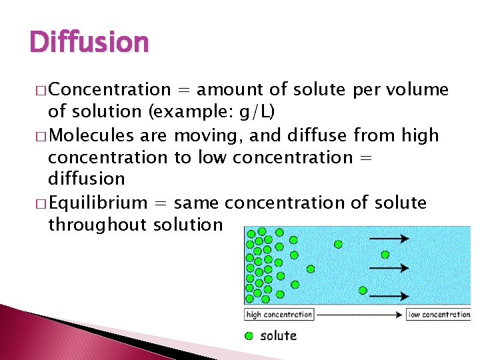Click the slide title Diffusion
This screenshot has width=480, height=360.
(x=89, y=42)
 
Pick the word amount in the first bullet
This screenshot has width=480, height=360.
(x=231, y=89)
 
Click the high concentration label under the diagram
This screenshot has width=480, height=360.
(x=279, y=315)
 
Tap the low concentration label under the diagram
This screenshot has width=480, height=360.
(x=439, y=315)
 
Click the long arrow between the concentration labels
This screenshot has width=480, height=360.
(x=360, y=315)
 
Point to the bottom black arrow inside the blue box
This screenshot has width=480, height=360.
(x=388, y=293)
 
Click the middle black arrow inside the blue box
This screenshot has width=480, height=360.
(x=388, y=268)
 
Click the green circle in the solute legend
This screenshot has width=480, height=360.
(x=249, y=335)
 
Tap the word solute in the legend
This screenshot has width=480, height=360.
(x=278, y=335)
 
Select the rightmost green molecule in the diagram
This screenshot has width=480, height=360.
(x=385, y=254)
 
